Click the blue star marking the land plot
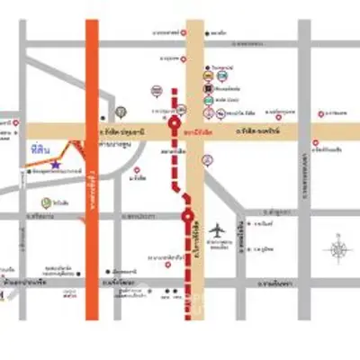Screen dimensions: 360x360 pos(56,165)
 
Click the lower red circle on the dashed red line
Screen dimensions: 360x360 pos(187,216)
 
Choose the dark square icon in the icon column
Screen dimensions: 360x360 pos(207,90)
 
